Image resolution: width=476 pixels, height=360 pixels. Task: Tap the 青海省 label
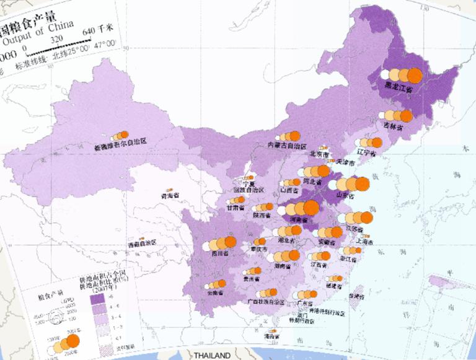coord(170,195)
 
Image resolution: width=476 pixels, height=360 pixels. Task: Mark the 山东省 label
coord(346,196)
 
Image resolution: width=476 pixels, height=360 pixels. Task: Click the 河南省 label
coord(298,220)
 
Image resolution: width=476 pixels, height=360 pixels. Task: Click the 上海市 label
coord(371,242)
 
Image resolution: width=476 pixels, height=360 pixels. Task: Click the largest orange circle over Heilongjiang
coord(415,75)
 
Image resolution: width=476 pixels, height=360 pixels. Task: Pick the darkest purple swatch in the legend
coord(98,299)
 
